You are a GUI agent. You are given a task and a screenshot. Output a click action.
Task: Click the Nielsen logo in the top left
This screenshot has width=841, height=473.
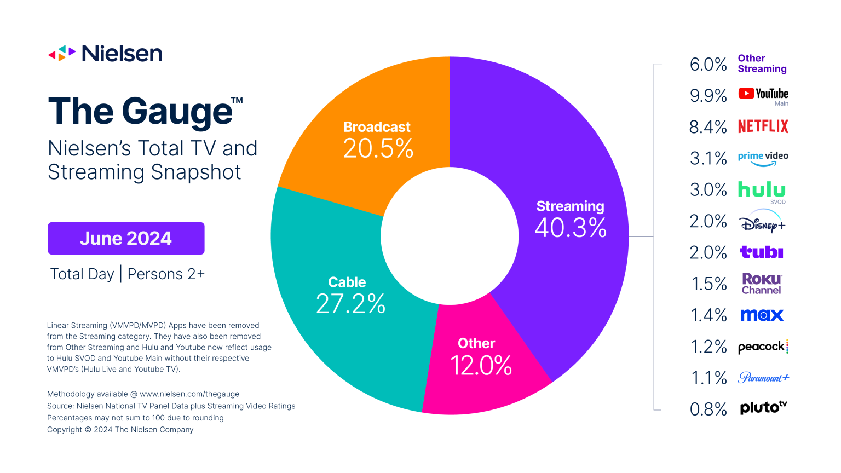click(105, 54)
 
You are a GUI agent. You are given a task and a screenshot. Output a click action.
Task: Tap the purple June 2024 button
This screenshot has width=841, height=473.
click(126, 238)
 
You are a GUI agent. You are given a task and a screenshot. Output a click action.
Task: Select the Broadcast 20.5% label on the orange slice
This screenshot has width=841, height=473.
click(377, 140)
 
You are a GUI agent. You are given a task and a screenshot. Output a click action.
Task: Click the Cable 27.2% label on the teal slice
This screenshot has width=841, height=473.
click(350, 296)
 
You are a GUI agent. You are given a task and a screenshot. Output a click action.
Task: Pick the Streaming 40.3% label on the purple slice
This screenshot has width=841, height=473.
click(570, 220)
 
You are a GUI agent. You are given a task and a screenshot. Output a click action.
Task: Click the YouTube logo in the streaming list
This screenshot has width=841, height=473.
click(763, 94)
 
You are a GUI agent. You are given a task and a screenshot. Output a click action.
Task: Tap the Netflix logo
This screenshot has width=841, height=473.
click(763, 126)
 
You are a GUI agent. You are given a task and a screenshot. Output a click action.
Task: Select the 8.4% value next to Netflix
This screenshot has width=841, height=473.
click(707, 127)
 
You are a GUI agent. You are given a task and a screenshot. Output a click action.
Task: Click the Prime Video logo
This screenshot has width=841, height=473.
click(763, 158)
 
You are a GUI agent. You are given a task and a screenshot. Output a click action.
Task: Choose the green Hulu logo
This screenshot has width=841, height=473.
click(762, 190)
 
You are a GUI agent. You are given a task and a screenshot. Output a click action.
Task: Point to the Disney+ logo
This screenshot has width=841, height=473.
click(762, 222)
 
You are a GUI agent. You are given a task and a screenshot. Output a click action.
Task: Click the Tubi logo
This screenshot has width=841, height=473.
click(761, 252)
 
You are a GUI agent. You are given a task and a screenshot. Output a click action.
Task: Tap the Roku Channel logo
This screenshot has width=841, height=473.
click(762, 284)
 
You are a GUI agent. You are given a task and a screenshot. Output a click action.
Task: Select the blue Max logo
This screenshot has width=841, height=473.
click(762, 315)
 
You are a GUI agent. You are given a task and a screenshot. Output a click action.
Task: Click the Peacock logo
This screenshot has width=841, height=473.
click(763, 347)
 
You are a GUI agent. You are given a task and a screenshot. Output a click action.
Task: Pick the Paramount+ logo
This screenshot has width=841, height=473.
click(763, 378)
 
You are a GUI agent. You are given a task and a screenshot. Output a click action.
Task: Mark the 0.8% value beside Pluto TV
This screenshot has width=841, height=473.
click(708, 409)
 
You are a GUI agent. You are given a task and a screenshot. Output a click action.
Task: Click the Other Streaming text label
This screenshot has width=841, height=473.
click(762, 64)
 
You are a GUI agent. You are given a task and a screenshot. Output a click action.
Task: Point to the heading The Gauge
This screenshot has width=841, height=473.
click(141, 112)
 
